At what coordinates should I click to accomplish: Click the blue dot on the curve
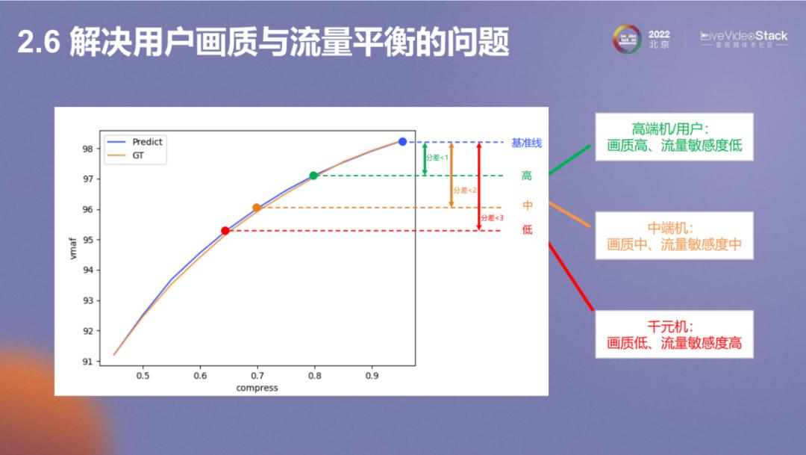[x=402, y=141]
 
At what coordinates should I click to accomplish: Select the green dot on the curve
[x=313, y=176]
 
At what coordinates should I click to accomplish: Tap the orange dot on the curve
[x=257, y=208]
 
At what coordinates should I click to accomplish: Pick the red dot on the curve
[x=225, y=231]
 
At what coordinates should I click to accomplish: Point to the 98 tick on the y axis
[x=87, y=149]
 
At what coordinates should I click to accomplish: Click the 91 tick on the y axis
[x=87, y=362]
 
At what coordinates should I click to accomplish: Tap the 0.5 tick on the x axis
[x=143, y=376]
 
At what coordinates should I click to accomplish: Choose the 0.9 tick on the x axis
[x=372, y=376]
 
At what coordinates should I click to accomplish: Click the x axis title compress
[x=257, y=388]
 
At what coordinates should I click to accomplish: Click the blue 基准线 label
[x=527, y=143]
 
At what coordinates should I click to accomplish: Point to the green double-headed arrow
[x=425, y=158]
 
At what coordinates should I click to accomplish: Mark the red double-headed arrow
[x=479, y=186]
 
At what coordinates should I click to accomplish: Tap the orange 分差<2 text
[x=462, y=191]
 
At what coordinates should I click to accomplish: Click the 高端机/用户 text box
[x=674, y=137]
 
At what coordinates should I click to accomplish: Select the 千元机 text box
[x=674, y=335]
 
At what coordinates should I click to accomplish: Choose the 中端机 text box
[x=674, y=235]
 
